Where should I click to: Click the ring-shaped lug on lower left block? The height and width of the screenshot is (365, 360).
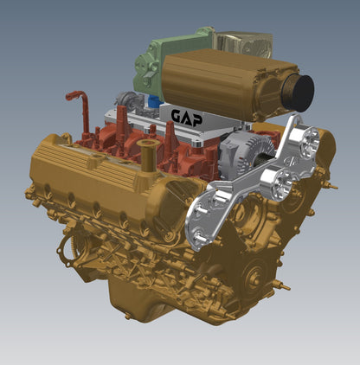[x=66, y=252]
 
